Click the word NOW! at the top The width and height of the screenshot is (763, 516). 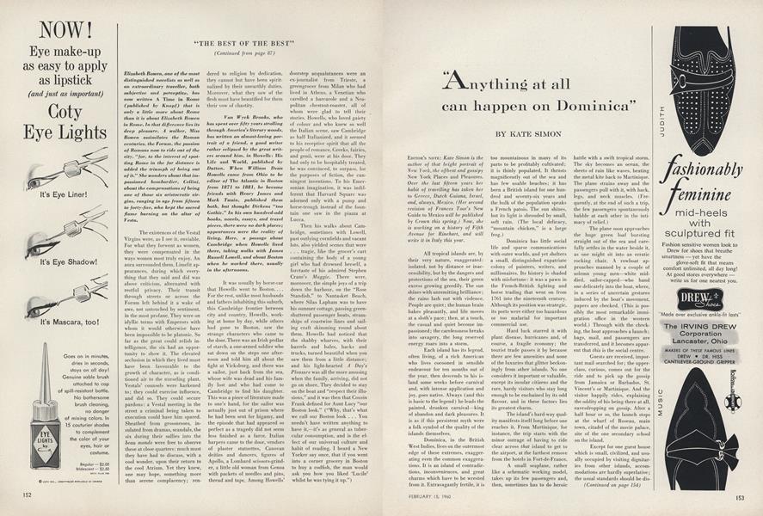point(53,20)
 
